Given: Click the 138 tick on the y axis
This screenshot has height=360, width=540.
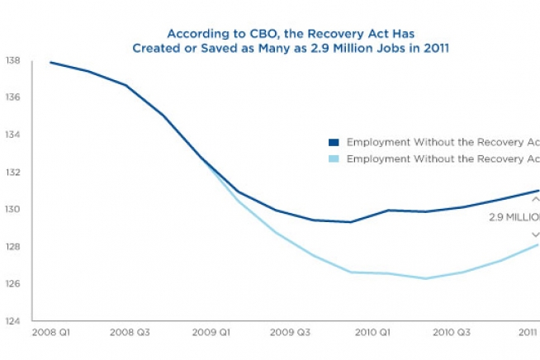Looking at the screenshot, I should pos(12,61).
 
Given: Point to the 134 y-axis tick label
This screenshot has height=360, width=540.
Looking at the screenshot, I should pos(12,135).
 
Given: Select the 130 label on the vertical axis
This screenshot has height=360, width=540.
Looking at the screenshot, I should pos(12,209).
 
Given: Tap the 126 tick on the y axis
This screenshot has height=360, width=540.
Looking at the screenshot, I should pos(12,283).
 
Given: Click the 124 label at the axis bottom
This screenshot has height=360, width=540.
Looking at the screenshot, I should pos(12,320).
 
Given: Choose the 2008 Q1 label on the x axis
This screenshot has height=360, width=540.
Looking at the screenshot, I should pos(50,333).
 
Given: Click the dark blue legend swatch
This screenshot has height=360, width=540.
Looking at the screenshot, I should pos(334,142).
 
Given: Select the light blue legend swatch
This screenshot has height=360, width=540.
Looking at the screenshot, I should pos(334,158).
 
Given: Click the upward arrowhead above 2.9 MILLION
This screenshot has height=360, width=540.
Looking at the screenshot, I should pos(535,199).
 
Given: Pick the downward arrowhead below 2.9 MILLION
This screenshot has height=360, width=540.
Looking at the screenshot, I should pos(535,234).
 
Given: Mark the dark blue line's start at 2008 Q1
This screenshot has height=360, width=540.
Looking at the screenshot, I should pos(50,63).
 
